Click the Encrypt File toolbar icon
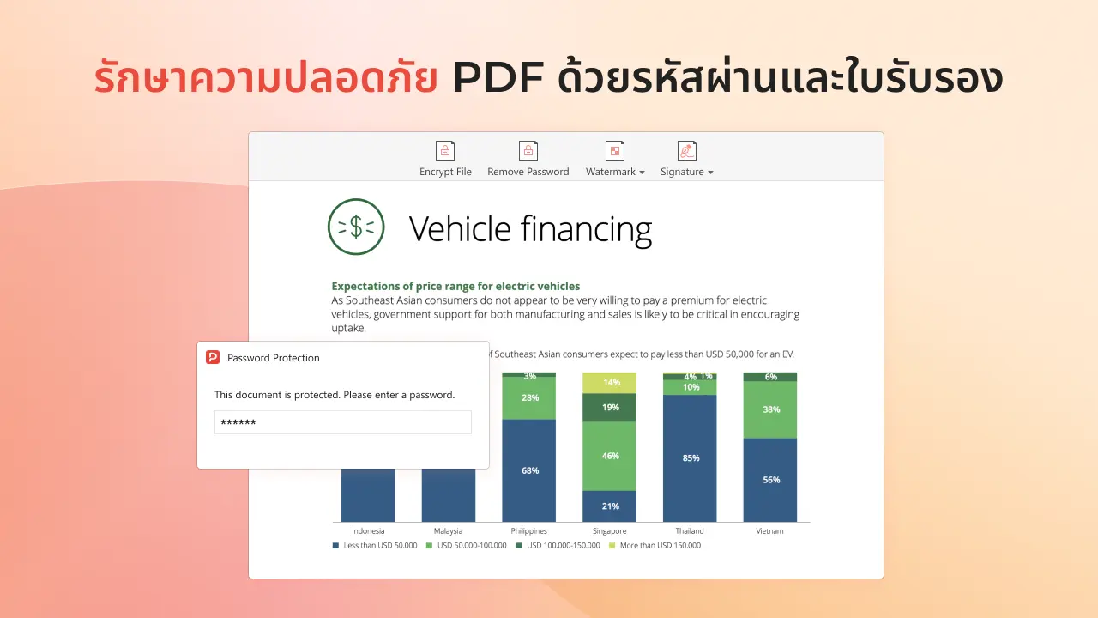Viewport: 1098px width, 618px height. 445,150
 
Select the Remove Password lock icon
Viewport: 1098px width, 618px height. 528,150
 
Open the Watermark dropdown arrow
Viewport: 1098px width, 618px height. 642,173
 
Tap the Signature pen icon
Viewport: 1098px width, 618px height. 687,150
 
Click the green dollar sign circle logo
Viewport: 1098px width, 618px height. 356,227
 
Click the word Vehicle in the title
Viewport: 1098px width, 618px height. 460,229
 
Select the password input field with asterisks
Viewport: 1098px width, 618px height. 342,422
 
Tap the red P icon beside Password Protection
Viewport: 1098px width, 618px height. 213,357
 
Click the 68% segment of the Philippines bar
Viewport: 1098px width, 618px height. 529,470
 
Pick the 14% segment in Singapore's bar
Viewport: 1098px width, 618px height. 609,383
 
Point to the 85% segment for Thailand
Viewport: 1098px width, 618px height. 690,458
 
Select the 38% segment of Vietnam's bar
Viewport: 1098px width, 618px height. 770,410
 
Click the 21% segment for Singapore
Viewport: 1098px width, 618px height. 609,506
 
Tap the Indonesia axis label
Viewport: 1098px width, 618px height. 368,530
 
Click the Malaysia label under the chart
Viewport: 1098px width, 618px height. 448,530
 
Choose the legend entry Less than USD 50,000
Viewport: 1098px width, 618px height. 375,545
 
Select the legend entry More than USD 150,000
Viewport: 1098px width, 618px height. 655,545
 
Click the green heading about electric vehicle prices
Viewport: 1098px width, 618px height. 455,286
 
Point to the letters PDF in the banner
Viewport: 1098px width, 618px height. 498,77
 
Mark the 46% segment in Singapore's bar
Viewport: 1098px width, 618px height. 609,456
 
